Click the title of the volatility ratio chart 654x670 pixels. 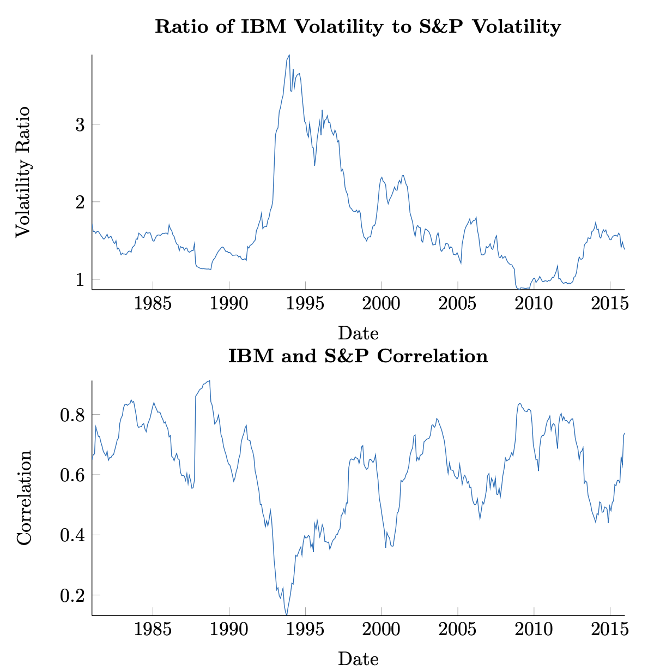tap(358, 27)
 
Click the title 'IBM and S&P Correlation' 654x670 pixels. tap(358, 357)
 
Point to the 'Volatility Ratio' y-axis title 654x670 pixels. tap(23, 171)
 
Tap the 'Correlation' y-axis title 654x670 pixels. tap(24, 498)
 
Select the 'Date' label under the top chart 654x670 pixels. tap(358, 333)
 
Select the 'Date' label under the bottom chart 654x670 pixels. tap(358, 659)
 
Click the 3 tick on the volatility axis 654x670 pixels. tap(80, 124)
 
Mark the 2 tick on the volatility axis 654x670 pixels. tap(80, 202)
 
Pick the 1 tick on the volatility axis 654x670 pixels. tap(80, 280)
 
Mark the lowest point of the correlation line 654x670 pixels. tap(287, 615)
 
